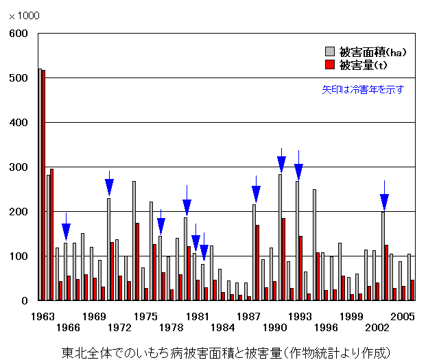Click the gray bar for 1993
tap(297, 241)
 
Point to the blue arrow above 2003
tap(384, 202)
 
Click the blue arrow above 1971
tap(109, 187)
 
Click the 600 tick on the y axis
tap(19, 34)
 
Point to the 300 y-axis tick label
tap(19, 167)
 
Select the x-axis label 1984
tap(223, 328)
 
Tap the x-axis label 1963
tap(42, 317)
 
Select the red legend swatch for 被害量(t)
tap(329, 64)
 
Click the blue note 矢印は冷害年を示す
tap(364, 89)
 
